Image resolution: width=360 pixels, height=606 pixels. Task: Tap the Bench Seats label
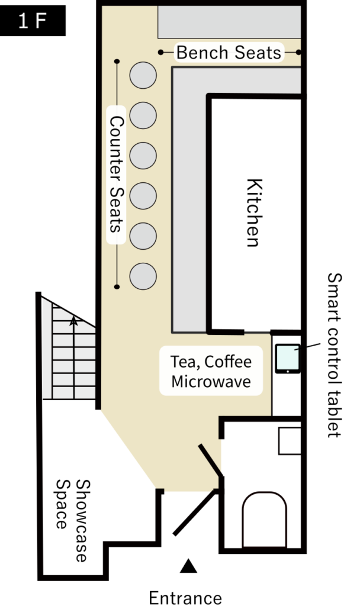click(229, 53)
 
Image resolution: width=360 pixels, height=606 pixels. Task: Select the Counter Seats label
click(116, 174)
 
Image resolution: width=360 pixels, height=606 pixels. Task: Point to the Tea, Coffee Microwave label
click(211, 371)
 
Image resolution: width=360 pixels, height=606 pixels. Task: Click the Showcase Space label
click(73, 521)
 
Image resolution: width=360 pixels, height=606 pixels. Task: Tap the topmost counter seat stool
click(143, 76)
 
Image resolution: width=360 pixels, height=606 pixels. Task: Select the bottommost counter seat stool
click(143, 276)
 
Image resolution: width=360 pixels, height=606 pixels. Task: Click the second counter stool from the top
click(143, 115)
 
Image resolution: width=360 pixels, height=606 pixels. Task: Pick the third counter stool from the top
click(143, 156)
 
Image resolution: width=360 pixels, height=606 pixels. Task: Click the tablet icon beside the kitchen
click(288, 359)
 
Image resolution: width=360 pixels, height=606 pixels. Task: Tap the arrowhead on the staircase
click(73, 322)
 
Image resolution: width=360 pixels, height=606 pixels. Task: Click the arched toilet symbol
click(264, 520)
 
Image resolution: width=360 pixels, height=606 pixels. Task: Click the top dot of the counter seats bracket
click(117, 61)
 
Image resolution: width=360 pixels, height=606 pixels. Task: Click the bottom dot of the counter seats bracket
click(117, 287)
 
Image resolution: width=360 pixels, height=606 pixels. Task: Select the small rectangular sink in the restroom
click(290, 440)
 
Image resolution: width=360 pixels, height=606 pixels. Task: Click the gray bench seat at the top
click(229, 21)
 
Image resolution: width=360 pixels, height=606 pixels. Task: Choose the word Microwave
click(211, 381)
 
